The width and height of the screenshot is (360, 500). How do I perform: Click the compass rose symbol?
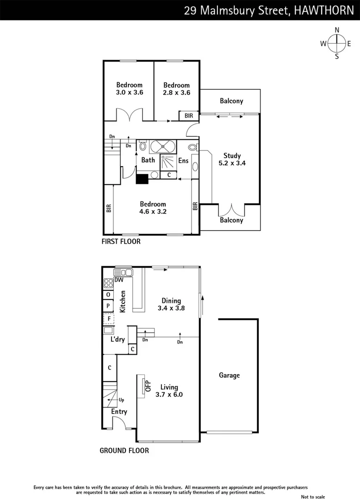(x=336, y=44)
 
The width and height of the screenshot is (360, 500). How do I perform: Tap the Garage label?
(x=229, y=375)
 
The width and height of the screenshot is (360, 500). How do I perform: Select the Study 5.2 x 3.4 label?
(x=232, y=159)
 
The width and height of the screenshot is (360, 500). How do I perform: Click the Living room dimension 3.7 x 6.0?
(x=172, y=394)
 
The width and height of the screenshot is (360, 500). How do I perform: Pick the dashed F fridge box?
(x=109, y=319)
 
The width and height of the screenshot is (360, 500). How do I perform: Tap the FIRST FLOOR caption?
(x=121, y=241)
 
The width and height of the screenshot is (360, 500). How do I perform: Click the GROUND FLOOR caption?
(x=124, y=450)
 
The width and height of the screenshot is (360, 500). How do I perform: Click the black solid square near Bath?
(x=142, y=179)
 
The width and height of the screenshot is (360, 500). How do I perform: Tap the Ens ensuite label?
(x=183, y=161)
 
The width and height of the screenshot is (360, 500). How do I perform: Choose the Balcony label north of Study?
(x=231, y=101)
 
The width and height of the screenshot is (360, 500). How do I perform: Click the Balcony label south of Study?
(x=231, y=220)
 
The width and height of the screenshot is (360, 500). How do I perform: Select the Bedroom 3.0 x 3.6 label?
(x=129, y=88)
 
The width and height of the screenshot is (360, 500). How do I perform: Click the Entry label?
(x=119, y=412)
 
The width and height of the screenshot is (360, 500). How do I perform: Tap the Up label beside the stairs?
(x=121, y=400)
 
